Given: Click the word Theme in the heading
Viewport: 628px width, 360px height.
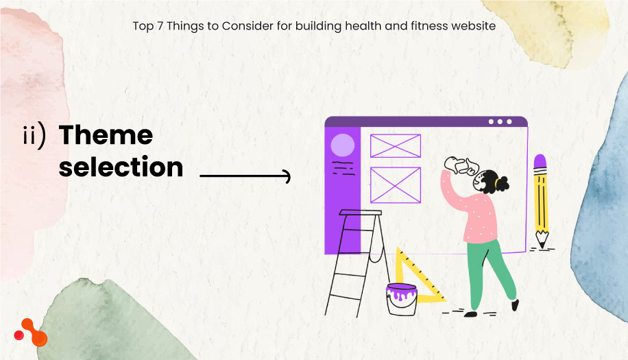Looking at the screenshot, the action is [x=106, y=134].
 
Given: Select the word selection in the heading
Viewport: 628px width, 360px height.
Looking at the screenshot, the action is [x=121, y=167].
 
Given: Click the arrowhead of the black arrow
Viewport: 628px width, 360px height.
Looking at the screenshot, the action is [x=287, y=176].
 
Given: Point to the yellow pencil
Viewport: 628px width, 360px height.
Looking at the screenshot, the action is [x=541, y=201].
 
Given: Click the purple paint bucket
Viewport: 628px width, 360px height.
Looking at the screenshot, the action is [x=402, y=299].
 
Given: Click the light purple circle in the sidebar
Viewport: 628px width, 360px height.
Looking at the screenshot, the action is [x=342, y=145].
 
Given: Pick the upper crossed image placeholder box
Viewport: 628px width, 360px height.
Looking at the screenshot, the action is [x=396, y=146].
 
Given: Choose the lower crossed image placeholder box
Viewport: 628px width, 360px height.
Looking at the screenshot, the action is [x=396, y=185].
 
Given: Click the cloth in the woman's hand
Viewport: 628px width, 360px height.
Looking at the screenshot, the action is [x=461, y=165].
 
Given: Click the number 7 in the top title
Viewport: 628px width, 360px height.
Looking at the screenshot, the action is [x=160, y=26].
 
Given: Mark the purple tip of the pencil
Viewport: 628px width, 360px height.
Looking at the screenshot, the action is [x=540, y=160].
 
